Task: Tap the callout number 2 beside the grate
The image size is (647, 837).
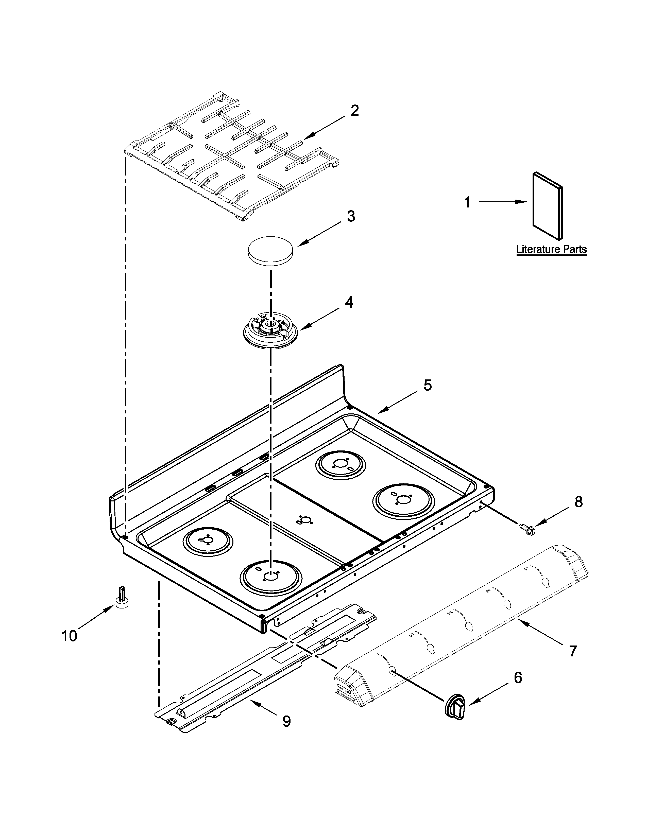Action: pyautogui.click(x=354, y=111)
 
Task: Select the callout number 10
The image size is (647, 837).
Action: pyautogui.click(x=69, y=636)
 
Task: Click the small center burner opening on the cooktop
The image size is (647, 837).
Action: pyautogui.click(x=305, y=520)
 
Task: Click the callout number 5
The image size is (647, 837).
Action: pyautogui.click(x=427, y=385)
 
